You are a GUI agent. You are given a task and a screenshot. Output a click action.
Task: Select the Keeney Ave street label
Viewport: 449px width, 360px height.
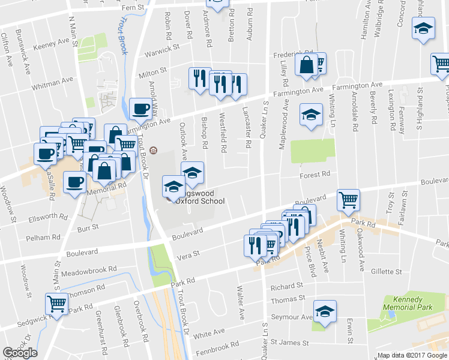pyautogui.click(x=52, y=44)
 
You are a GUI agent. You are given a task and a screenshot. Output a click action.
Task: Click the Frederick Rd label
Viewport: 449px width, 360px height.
pyautogui.click(x=291, y=55)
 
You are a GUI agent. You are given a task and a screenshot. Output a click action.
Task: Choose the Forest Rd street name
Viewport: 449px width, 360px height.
pyautogui.click(x=315, y=175)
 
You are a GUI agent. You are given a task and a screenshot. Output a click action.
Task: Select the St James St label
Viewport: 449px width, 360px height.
pyautogui.click(x=289, y=343)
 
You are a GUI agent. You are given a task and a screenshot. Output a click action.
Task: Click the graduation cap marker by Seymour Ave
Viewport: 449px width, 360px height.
pyautogui.click(x=325, y=310)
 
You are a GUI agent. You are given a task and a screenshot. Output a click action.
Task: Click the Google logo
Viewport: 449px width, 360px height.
pyautogui.click(x=20, y=353)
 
